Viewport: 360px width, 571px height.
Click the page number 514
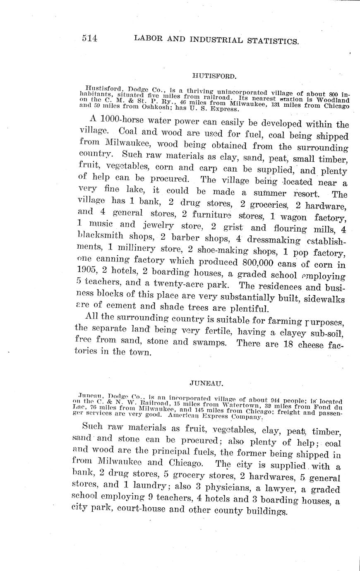(x=89, y=38)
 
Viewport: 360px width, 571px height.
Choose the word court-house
(x=139, y=509)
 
